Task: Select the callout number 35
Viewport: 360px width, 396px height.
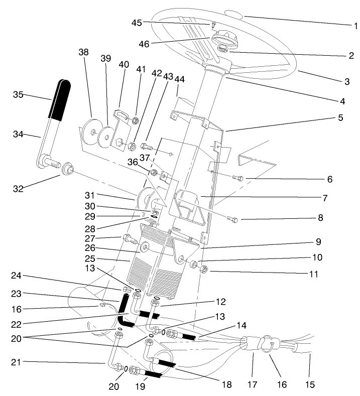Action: point(19,94)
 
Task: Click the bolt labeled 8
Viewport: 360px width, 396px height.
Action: point(232,218)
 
